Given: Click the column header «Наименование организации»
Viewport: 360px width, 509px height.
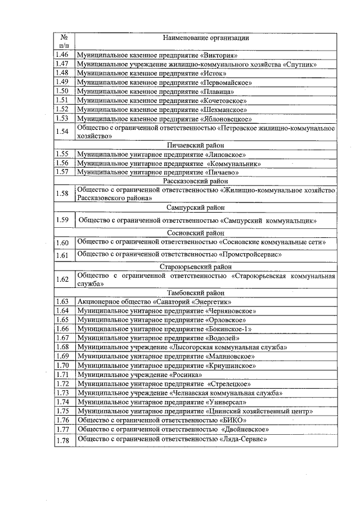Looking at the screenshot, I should click(206, 38).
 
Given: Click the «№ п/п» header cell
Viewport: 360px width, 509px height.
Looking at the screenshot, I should click(65, 41).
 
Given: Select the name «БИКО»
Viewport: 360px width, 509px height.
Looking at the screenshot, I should click(232, 420).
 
